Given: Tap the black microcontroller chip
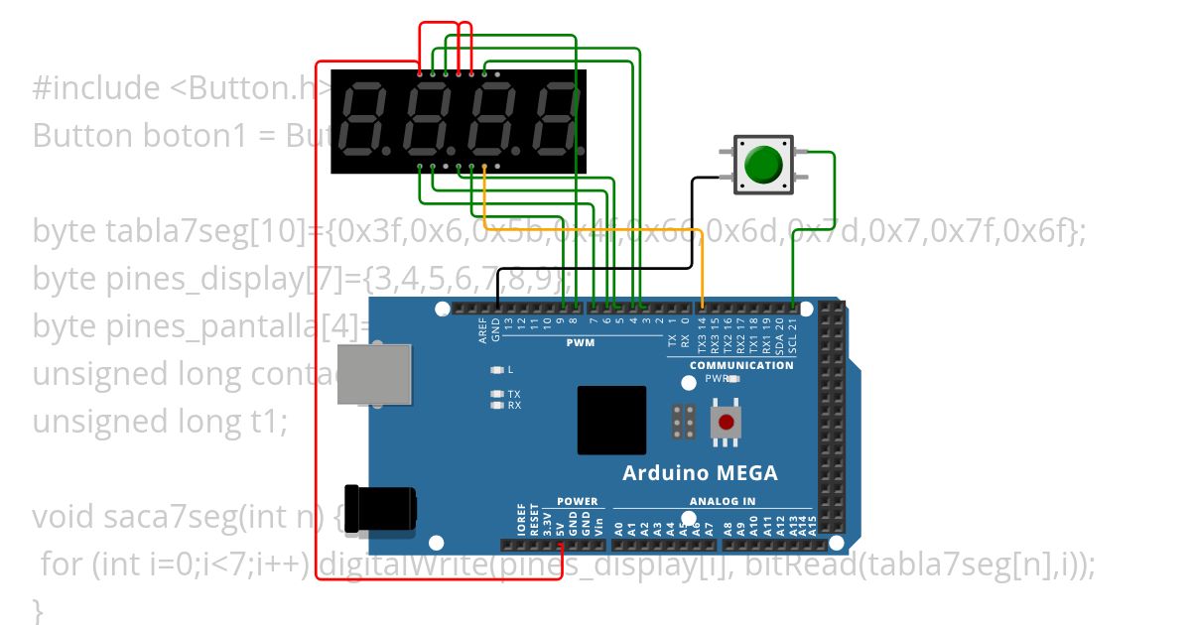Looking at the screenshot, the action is click(611, 420).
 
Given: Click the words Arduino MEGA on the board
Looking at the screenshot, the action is click(700, 473).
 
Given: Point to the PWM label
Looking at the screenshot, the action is click(580, 343).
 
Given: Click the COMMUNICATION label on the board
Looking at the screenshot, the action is click(741, 365).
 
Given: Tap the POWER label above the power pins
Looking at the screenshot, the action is click(578, 501).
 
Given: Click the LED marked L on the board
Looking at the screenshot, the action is click(497, 370).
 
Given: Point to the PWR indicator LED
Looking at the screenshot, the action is click(732, 379).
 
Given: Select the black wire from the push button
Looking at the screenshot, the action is click(595, 268).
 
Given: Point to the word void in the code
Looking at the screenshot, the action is click(65, 517).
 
